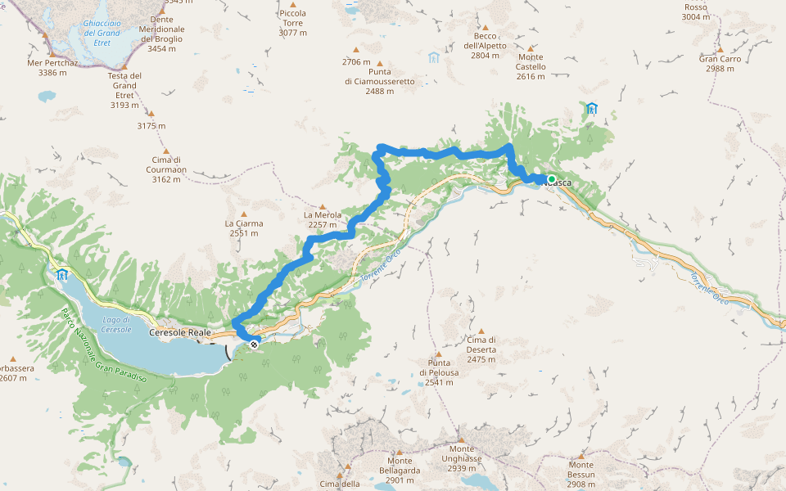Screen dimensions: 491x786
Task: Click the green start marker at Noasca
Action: [x=552, y=179]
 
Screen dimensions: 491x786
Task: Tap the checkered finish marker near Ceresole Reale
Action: [x=255, y=345]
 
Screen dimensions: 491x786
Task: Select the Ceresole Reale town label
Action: [x=180, y=333]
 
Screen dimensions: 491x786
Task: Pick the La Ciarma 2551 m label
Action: [x=244, y=227]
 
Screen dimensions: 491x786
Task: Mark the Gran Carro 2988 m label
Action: [x=720, y=64]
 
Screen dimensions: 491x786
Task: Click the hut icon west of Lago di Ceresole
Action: [x=62, y=275]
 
